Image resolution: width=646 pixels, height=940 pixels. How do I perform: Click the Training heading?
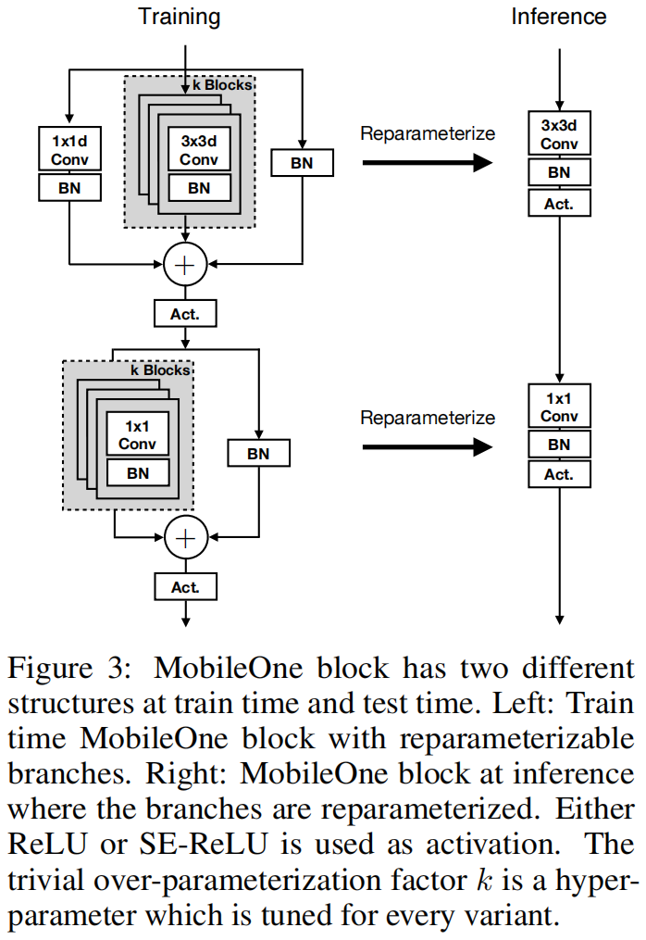180,16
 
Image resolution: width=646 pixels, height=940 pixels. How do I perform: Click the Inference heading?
559,16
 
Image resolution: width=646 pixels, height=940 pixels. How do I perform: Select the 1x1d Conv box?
69,149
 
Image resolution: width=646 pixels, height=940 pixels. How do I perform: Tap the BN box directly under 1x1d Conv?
69,188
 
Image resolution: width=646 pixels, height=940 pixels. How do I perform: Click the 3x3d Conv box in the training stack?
199,151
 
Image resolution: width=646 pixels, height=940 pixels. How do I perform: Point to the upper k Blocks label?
221,84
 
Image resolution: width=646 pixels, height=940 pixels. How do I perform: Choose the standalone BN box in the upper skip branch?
302,163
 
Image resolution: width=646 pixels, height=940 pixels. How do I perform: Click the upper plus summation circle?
186,266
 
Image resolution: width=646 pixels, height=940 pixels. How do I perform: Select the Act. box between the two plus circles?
185,314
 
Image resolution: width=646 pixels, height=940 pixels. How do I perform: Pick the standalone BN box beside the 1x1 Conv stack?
258,453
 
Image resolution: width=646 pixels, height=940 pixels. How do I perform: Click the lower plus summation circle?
186,538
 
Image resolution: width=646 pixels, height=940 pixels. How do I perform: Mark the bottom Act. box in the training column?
185,586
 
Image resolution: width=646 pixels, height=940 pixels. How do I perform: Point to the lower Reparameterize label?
427,418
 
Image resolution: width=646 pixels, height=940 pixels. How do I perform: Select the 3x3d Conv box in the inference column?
559,134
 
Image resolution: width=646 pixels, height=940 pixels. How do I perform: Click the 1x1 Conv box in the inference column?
559,407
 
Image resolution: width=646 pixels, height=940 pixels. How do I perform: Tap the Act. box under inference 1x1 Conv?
559,475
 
